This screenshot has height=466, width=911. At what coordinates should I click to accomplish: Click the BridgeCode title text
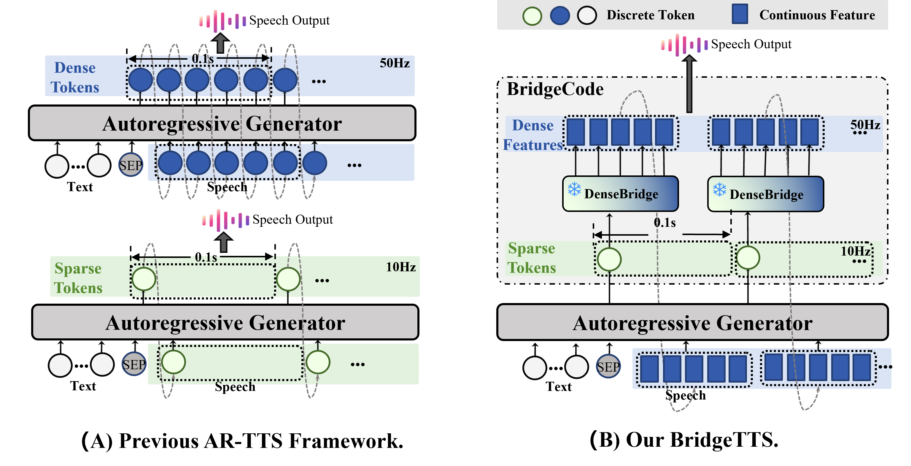(x=555, y=89)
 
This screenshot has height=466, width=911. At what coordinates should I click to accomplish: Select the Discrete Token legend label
(x=650, y=15)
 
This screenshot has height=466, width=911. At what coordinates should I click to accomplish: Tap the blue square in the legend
(x=740, y=15)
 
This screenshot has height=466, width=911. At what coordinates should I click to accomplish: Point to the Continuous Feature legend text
(x=817, y=15)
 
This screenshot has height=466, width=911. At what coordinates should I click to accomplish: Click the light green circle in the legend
(x=532, y=16)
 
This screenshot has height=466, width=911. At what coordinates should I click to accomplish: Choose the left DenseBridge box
(x=620, y=194)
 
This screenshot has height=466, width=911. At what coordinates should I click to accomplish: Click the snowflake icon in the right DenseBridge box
(x=719, y=190)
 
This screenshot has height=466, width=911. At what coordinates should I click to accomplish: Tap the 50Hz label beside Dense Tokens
(x=394, y=63)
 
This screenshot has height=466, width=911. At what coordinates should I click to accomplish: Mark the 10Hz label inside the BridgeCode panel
(x=855, y=251)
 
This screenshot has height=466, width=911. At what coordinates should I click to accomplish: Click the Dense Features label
(x=532, y=135)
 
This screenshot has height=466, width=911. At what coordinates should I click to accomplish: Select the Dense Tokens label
(x=75, y=77)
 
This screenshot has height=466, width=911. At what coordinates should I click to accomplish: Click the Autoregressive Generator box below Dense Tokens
(x=222, y=123)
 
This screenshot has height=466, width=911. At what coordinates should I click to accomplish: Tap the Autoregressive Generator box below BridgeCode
(x=692, y=323)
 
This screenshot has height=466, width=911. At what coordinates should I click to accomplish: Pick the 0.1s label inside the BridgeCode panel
(x=664, y=223)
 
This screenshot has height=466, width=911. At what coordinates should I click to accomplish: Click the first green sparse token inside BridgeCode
(x=609, y=259)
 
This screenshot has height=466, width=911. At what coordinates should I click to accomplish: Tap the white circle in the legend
(x=587, y=16)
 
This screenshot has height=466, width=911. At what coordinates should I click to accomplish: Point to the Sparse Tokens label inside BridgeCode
(x=532, y=258)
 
